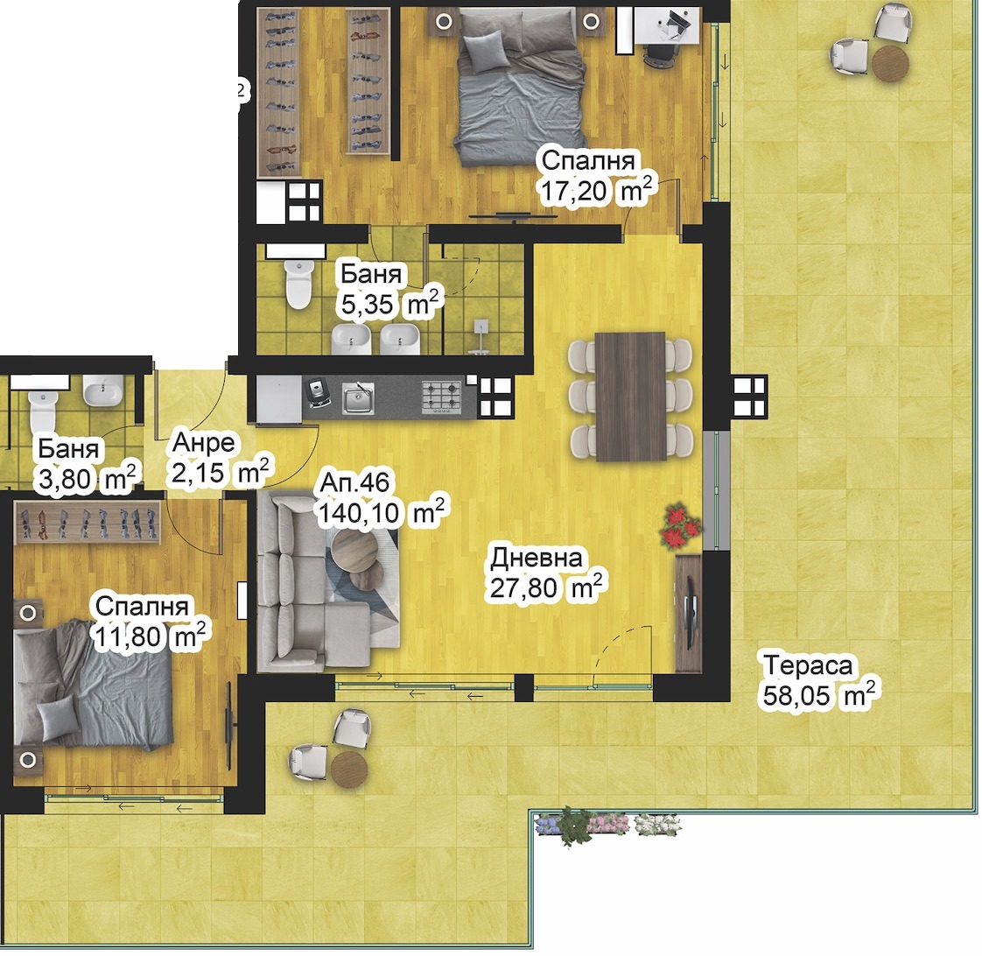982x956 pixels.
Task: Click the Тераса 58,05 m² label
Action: pyautogui.click(x=818, y=680)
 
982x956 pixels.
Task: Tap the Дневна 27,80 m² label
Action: pyautogui.click(x=545, y=573)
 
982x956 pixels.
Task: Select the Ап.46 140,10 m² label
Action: pyautogui.click(x=382, y=497)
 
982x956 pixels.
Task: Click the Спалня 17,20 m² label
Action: pyautogui.click(x=595, y=176)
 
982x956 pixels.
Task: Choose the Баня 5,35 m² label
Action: pyautogui.click(x=391, y=290)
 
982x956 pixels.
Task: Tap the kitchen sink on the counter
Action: pyautogui.click(x=358, y=398)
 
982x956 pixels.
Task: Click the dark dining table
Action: pyautogui.click(x=630, y=397)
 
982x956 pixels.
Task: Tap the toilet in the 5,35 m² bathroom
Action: pyautogui.click(x=298, y=283)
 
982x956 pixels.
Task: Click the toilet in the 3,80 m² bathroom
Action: pyautogui.click(x=43, y=411)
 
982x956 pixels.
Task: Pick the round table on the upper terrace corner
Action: pyautogui.click(x=890, y=63)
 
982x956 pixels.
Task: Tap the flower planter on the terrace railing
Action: pyautogui.click(x=607, y=825)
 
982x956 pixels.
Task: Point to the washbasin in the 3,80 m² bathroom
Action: pyautogui.click(x=102, y=392)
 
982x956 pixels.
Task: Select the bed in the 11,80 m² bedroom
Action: pyautogui.click(x=93, y=684)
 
